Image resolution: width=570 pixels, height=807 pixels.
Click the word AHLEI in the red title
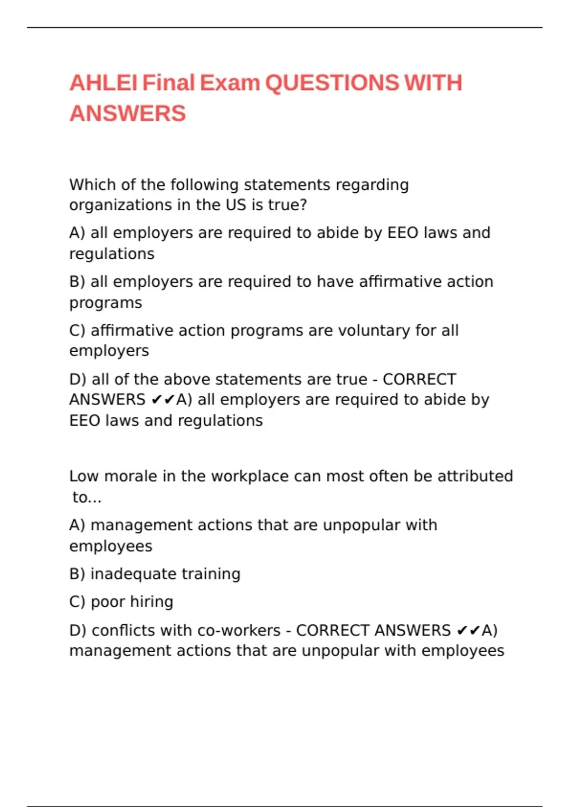click(104, 83)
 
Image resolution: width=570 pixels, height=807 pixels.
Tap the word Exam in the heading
click(229, 83)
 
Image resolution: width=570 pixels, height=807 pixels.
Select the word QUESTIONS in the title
click(332, 83)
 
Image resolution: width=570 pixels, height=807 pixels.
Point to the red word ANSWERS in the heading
click(127, 113)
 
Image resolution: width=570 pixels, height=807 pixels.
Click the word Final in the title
click(169, 83)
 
